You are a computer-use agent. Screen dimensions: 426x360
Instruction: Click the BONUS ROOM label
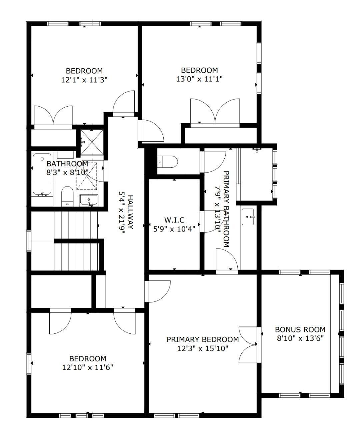coord(300,329)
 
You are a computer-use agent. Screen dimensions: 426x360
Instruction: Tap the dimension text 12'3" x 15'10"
coord(202,348)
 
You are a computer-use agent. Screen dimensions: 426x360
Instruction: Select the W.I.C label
coord(174,220)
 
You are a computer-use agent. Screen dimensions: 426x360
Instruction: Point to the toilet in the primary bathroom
coord(168,162)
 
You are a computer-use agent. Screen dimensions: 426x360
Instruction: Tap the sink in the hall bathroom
coord(89,200)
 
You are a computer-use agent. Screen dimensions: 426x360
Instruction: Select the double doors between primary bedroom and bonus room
coord(249,344)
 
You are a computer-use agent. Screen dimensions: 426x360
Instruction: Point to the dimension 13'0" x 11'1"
coord(199,79)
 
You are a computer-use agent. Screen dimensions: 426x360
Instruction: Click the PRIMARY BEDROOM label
coord(203,339)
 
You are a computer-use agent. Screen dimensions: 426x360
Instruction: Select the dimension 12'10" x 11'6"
coord(88,367)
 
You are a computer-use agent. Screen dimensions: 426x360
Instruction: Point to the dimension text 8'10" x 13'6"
coord(300,338)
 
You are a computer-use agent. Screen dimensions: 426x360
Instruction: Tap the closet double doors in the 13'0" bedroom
coord(215,112)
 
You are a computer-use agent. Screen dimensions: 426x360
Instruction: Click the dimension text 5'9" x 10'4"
coord(174,228)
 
